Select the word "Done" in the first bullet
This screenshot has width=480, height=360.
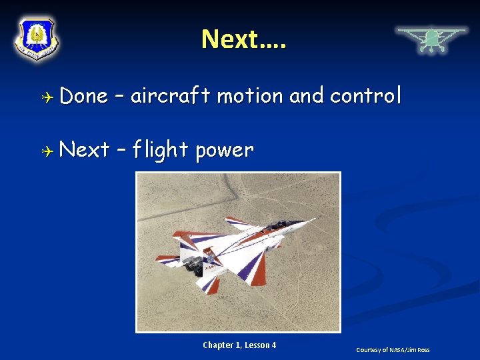[83, 96]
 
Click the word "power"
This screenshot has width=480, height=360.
[225, 150]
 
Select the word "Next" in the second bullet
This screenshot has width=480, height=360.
[84, 150]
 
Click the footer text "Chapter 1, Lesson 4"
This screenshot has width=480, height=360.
[239, 345]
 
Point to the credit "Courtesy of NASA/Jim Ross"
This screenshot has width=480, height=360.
[393, 349]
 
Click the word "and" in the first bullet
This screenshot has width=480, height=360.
[307, 96]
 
